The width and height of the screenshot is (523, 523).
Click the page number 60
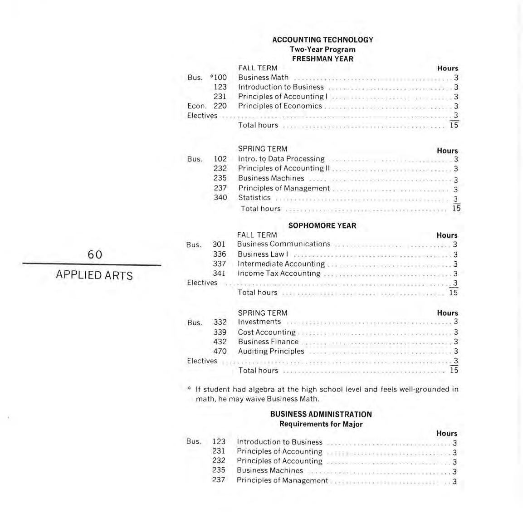pyautogui.click(x=95, y=254)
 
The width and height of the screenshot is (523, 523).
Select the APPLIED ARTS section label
pyautogui.click(x=94, y=275)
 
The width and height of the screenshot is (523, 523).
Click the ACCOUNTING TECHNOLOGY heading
pyautogui.click(x=323, y=40)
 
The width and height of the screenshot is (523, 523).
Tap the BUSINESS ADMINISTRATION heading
pyautogui.click(x=321, y=414)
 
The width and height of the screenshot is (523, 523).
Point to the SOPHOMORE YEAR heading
pyautogui.click(x=322, y=225)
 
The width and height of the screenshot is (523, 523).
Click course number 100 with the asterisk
pyautogui.click(x=219, y=78)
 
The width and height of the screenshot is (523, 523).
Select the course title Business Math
pyautogui.click(x=263, y=78)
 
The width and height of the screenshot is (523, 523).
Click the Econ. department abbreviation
pyautogui.click(x=197, y=106)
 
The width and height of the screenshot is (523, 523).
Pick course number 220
pyautogui.click(x=220, y=106)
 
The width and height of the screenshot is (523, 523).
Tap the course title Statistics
pyautogui.click(x=254, y=198)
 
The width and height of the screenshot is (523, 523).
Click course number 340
pyautogui.click(x=220, y=198)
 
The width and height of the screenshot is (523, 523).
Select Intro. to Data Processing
pyautogui.click(x=281, y=159)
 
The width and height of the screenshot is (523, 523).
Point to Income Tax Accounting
pyautogui.click(x=279, y=274)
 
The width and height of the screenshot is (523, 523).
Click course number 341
pyautogui.click(x=219, y=274)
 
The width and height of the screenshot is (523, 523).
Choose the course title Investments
pyautogui.click(x=259, y=322)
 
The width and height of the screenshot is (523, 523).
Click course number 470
pyautogui.click(x=220, y=351)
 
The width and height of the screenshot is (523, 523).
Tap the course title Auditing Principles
pyautogui.click(x=271, y=351)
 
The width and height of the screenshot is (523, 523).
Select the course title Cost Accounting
pyautogui.click(x=267, y=332)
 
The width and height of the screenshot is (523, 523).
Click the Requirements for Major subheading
pyautogui.click(x=321, y=424)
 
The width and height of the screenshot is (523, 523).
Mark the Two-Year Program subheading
pyautogui.click(x=323, y=49)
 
